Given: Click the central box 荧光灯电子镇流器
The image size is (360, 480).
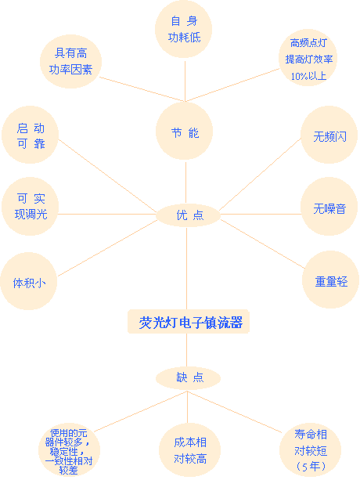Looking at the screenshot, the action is (x=189, y=321).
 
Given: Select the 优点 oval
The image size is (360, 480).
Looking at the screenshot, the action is (x=188, y=215).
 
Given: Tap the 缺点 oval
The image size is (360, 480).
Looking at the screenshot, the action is (x=188, y=377).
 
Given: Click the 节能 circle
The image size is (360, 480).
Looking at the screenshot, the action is (x=184, y=131).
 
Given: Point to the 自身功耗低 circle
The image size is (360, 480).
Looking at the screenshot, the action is (x=183, y=29).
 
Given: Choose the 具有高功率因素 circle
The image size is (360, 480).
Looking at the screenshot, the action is (x=70, y=61).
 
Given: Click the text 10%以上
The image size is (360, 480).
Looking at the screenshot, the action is (x=308, y=76).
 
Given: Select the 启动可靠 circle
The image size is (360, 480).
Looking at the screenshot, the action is (x=30, y=135).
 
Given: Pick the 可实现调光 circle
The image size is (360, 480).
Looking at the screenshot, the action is (x=30, y=206).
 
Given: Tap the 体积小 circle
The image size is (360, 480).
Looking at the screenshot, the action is (x=29, y=281).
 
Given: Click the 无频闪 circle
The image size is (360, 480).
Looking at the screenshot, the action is (x=329, y=135).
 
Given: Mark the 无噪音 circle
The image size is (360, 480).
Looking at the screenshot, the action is (x=329, y=206).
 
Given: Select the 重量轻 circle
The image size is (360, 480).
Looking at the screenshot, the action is (x=330, y=280).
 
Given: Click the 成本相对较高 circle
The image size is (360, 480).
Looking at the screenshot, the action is (x=189, y=450).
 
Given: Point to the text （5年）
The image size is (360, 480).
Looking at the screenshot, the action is (x=311, y=467).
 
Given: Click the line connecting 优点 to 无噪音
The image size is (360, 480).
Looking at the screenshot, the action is (x=261, y=215).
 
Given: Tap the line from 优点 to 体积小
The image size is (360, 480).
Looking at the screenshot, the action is (x=107, y=248).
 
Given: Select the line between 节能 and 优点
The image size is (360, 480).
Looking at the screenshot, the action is (x=186, y=182).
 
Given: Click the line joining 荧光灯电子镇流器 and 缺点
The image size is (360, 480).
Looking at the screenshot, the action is (x=187, y=350).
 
